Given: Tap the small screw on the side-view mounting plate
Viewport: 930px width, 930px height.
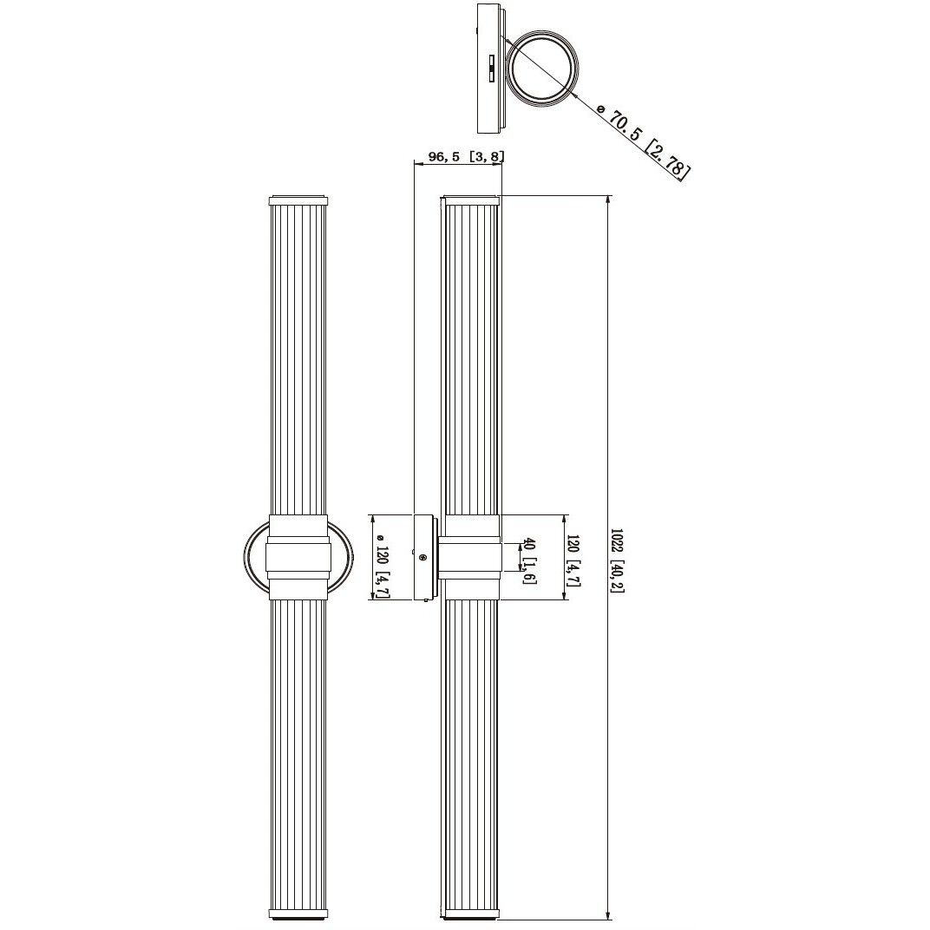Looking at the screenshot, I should click(422, 557).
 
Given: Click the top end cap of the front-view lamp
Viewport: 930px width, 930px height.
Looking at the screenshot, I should click(298, 201).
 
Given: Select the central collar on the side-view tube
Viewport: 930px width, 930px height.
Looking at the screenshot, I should click(469, 557).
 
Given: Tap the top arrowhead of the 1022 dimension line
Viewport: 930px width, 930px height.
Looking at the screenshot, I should click(607, 202).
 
